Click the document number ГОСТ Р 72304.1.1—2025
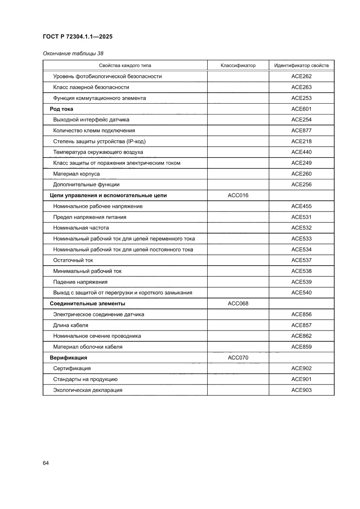pyautogui.click(x=77, y=37)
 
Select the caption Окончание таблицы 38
pyautogui.click(x=73, y=54)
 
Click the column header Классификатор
pyautogui.click(x=238, y=66)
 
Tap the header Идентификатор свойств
pyautogui.click(x=301, y=66)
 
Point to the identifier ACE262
pyautogui.click(x=301, y=76)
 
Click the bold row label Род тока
pyautogui.click(x=61, y=109)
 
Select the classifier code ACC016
pyautogui.click(x=238, y=196)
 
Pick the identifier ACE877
pyautogui.click(x=301, y=131)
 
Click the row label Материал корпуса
pyautogui.click(x=76, y=174)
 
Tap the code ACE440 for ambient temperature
pyautogui.click(x=301, y=152)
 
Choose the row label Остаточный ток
pyautogui.click(x=73, y=260)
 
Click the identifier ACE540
pyautogui.click(x=301, y=293)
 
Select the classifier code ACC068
pyautogui.click(x=238, y=303)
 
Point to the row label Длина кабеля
pyautogui.click(x=71, y=325)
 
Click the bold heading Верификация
pyautogui.click(x=68, y=357)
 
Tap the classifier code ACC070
pyautogui.click(x=238, y=357)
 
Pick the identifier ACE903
pyautogui.click(x=301, y=390)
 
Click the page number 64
pyautogui.click(x=46, y=462)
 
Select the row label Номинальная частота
pyautogui.click(x=81, y=228)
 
